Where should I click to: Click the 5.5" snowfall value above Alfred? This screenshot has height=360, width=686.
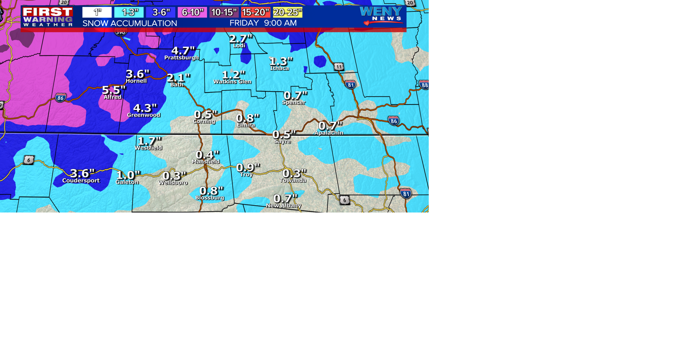(114, 90)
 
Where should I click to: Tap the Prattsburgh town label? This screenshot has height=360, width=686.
(182, 57)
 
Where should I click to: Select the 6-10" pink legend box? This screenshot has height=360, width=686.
(193, 12)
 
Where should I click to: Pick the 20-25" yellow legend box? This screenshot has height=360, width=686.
(288, 12)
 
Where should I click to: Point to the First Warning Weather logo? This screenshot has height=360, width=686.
(48, 17)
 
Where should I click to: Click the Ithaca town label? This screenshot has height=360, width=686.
(279, 68)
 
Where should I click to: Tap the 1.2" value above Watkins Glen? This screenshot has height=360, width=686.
(233, 75)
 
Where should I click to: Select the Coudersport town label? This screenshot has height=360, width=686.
(81, 180)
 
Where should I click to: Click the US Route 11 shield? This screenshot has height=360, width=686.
(339, 66)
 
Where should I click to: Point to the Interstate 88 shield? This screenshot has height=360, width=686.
(424, 85)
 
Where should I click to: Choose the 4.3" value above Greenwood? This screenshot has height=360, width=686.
(145, 108)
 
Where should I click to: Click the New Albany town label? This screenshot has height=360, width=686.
(284, 205)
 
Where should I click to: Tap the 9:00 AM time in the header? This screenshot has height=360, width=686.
(280, 23)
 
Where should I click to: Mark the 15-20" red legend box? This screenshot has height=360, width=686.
(255, 12)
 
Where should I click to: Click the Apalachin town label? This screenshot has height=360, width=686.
(329, 133)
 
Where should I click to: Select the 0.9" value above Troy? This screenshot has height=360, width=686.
(248, 167)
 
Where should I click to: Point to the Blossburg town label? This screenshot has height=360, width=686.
(210, 197)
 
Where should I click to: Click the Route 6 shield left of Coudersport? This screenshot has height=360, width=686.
(29, 160)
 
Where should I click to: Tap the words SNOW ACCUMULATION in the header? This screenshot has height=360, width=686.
(130, 24)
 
